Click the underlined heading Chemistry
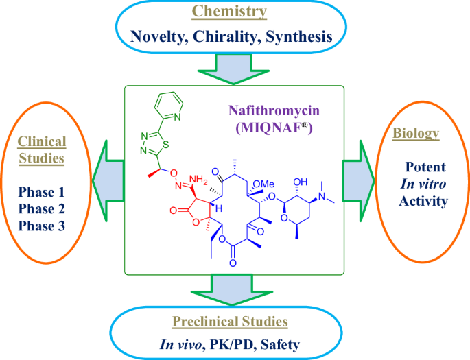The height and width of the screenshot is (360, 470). click(230, 11)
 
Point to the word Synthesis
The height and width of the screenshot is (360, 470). click(299, 37)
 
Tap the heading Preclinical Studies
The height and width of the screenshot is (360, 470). click(230, 321)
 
